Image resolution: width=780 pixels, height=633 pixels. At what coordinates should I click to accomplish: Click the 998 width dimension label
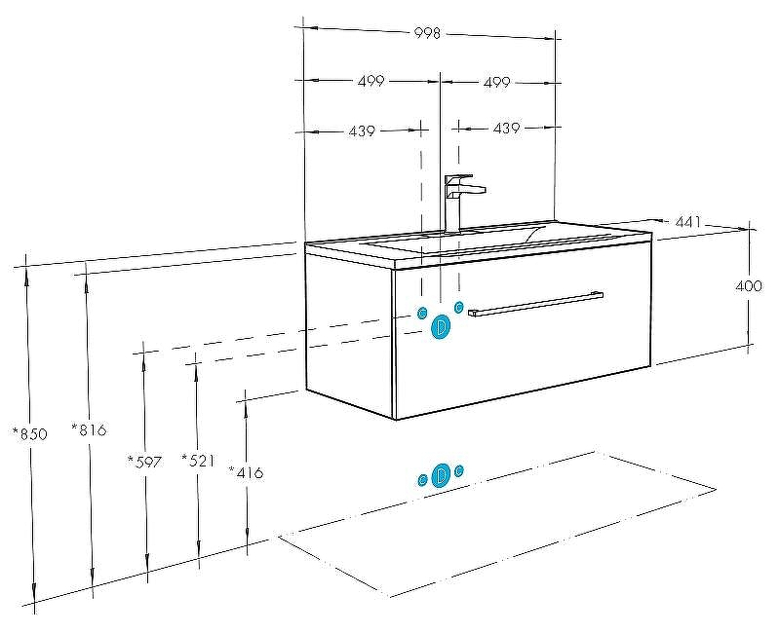[427, 33]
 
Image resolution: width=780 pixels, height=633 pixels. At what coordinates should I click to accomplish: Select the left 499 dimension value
[371, 81]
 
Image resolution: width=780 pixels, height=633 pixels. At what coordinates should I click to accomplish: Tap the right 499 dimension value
[496, 82]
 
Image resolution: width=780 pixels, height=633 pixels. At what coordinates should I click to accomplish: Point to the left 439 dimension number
[362, 131]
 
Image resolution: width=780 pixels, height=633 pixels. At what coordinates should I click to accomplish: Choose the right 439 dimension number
[506, 129]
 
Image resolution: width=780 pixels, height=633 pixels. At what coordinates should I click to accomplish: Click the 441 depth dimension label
[687, 222]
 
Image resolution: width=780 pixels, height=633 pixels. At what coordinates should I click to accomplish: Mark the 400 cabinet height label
[748, 285]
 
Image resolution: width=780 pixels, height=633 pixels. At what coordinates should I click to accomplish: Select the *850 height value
[30, 433]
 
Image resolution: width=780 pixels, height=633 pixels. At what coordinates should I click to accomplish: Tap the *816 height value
[89, 429]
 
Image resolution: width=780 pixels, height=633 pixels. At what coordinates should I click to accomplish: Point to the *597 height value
[144, 462]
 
